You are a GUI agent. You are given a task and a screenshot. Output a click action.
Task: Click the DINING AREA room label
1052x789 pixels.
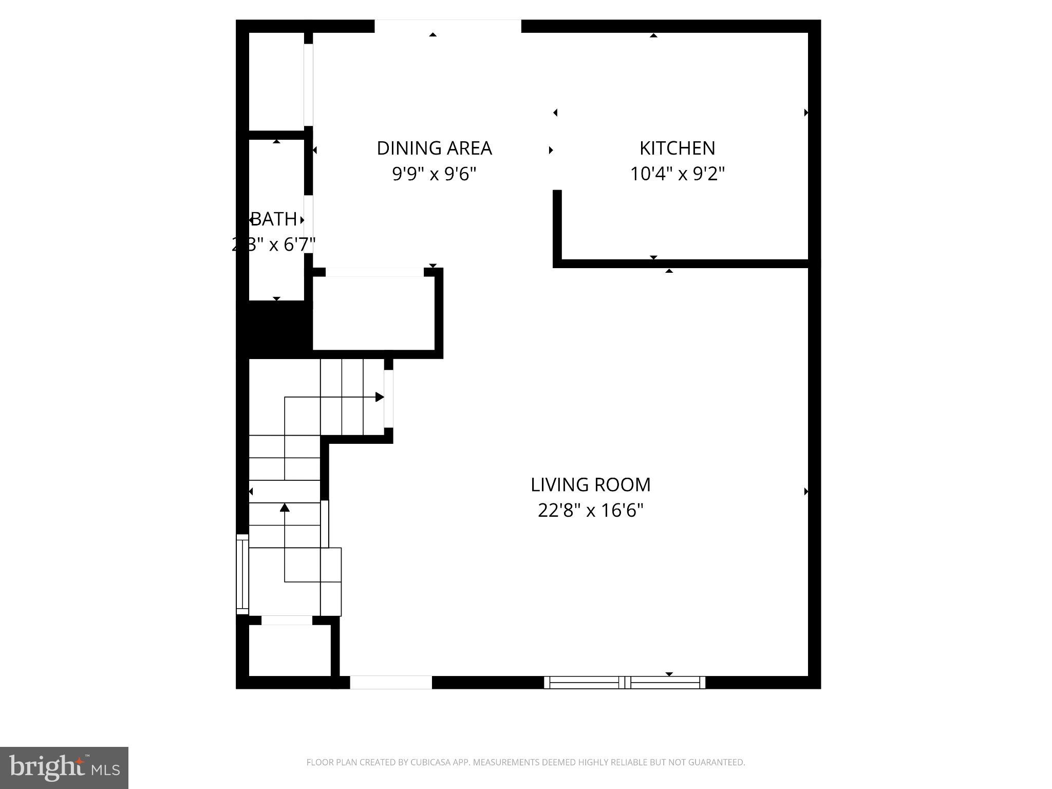(434, 148)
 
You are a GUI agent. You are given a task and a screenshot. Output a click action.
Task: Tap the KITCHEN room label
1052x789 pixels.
(677, 148)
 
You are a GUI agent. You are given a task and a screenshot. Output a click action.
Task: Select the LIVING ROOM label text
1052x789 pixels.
(590, 485)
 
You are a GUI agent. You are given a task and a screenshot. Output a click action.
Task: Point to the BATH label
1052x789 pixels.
(274, 219)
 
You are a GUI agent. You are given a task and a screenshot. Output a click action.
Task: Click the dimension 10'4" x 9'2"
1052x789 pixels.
(677, 174)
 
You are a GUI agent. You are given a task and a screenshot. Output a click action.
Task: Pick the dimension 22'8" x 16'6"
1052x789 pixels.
(590, 511)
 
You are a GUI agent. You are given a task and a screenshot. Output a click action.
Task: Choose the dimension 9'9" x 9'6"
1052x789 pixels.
(434, 174)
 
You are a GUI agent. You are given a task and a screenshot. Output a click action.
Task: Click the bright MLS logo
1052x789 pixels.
(64, 767)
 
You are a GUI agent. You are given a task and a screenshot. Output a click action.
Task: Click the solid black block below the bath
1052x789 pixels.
(275, 329)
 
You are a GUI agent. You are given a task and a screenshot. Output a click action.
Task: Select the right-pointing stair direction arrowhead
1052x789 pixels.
(380, 397)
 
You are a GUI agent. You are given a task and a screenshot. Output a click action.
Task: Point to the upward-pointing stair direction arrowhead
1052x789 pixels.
(285, 508)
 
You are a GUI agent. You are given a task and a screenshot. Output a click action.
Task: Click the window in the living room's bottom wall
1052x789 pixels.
(624, 682)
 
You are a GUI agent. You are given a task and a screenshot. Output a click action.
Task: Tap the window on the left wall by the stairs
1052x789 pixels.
(242, 574)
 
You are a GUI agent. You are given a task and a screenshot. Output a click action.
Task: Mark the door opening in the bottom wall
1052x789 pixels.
(390, 682)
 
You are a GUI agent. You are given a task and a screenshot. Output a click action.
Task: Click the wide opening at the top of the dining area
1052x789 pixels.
(447, 26)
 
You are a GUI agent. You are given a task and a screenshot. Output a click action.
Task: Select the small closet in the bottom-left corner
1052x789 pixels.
(289, 650)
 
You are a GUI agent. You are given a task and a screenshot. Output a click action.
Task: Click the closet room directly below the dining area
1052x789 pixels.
(373, 313)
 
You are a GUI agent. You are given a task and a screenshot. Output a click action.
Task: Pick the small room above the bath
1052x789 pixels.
(276, 81)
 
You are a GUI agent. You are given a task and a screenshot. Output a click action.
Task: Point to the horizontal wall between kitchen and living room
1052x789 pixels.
(683, 264)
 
